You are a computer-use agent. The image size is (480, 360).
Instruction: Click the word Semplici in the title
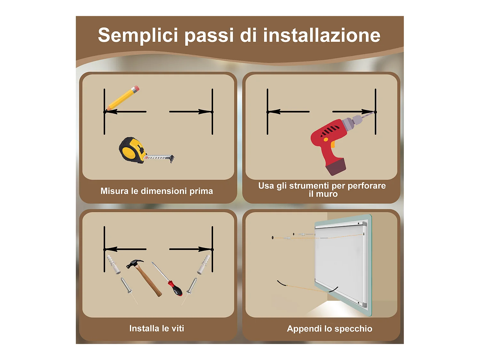click(138, 35)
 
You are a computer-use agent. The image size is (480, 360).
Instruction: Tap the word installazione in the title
click(322, 35)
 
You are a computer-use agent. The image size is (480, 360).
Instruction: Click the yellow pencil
click(123, 98)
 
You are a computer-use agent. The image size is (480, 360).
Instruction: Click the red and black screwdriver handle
click(175, 288)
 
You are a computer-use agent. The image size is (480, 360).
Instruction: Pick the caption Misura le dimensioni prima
click(156, 191)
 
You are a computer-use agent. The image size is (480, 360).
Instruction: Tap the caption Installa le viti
click(156, 328)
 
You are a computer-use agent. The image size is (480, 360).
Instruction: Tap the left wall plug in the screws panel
click(113, 264)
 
